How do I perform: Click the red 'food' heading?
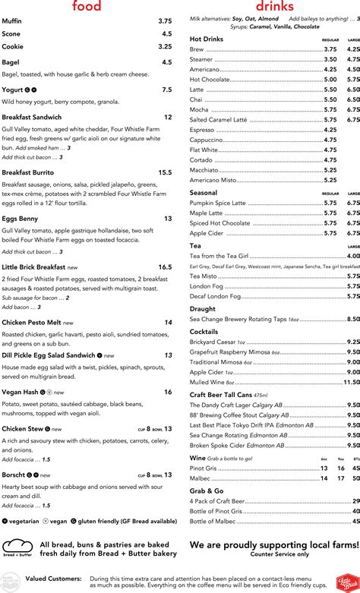point(87,7)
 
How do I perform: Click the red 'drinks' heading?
point(274,7)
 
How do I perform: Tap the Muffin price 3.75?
point(165,21)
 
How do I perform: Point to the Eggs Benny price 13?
point(167,219)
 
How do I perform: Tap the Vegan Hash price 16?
point(167,392)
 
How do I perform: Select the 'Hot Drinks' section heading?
point(207,39)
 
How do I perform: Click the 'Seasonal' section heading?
point(204,193)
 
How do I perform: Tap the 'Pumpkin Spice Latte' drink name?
point(218,203)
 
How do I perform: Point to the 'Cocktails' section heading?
point(204,332)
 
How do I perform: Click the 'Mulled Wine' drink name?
point(209,383)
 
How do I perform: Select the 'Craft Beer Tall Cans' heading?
point(221,395)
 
